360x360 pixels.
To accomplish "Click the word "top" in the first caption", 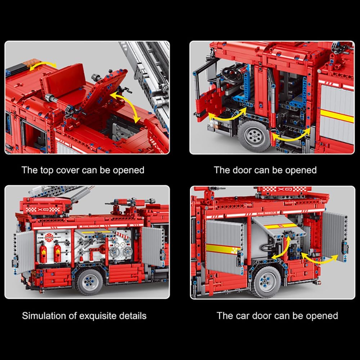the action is pos(47,171).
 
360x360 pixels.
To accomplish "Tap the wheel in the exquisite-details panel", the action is pos(90,282).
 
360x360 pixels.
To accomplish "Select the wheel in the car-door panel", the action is pos(266,282).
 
